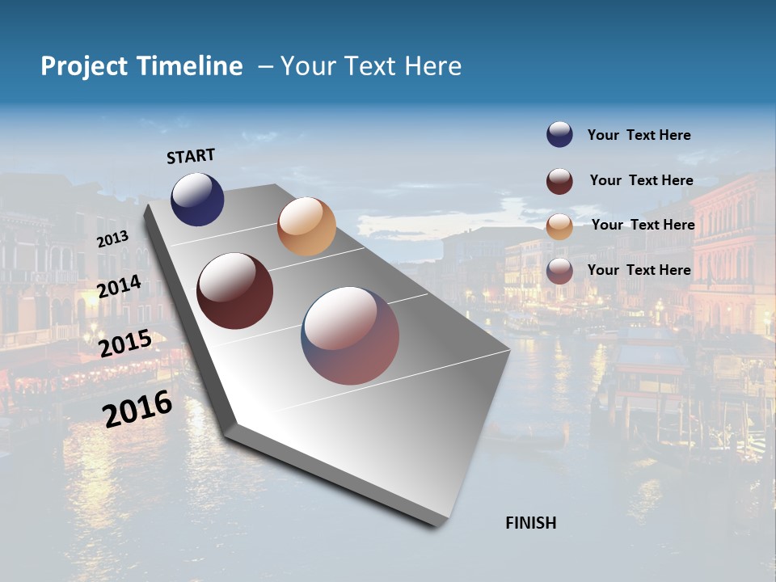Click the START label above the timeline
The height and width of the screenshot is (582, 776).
(x=191, y=156)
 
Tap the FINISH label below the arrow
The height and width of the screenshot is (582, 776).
(x=530, y=523)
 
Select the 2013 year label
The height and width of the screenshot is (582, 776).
(x=112, y=238)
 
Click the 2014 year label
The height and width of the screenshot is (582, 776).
(x=120, y=286)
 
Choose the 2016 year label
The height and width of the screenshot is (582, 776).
(x=137, y=409)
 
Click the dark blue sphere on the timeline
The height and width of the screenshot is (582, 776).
(x=197, y=200)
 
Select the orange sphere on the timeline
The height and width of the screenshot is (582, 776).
(x=306, y=226)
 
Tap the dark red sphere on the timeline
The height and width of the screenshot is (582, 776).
(x=234, y=291)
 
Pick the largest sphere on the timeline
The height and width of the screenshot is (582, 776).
(x=350, y=335)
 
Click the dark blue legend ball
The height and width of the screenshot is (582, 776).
(x=559, y=135)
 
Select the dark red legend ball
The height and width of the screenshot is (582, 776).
(x=559, y=181)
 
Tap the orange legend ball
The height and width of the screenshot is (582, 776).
(x=559, y=226)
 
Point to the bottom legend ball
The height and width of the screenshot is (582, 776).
(x=559, y=271)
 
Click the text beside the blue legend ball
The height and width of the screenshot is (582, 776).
(x=639, y=136)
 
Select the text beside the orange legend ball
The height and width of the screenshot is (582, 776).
(x=643, y=225)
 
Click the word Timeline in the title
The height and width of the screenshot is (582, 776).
(x=189, y=66)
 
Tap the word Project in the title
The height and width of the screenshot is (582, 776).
(x=83, y=66)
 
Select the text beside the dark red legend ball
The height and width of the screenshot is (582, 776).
(x=641, y=180)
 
